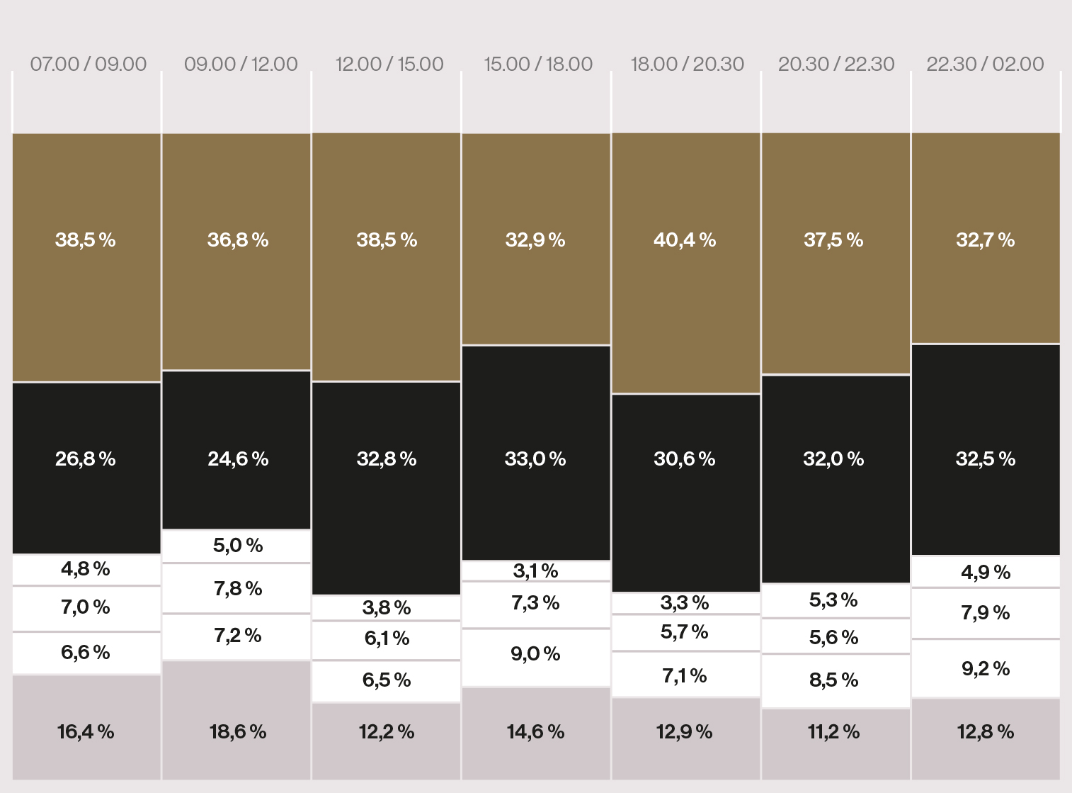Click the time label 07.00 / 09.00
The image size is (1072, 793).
point(89,64)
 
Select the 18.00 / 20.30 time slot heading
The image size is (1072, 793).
point(687,64)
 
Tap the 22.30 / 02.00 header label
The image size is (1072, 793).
point(985,64)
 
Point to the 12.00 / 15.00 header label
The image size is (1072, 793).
point(389,64)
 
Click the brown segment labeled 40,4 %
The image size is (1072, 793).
point(685,262)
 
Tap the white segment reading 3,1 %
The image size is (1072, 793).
point(535,570)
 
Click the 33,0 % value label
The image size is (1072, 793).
point(535,459)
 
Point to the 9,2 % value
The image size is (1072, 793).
point(986,668)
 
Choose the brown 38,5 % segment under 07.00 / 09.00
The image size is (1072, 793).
point(86,257)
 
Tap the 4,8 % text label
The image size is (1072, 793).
point(86,569)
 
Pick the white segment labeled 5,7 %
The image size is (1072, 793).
point(685,632)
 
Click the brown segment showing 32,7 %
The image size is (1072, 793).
point(986,238)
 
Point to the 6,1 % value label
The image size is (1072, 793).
point(387,639)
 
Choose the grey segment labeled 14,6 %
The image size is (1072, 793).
point(535,732)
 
